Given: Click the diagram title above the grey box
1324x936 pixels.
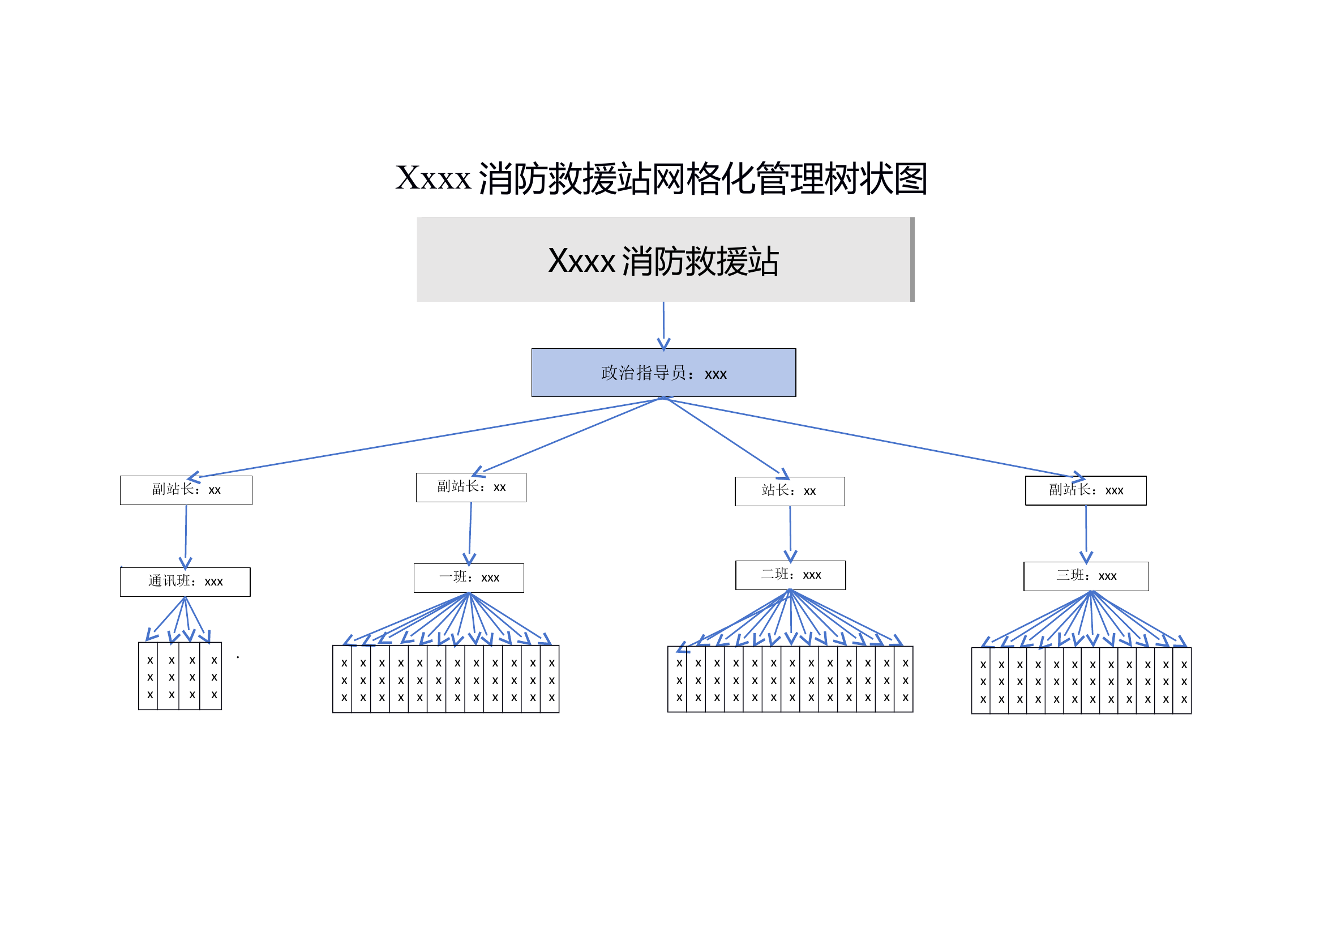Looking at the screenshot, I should (661, 178).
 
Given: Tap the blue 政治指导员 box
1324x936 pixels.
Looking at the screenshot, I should (663, 373).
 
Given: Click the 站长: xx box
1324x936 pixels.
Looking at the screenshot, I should (790, 491).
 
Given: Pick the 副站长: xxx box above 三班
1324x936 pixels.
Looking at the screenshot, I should (1085, 491).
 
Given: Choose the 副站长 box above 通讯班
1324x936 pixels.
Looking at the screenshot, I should (186, 490).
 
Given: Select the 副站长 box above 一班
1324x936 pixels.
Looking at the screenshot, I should (470, 488).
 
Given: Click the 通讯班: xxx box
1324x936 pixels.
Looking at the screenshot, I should (185, 582).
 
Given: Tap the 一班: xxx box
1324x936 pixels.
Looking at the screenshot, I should (468, 578).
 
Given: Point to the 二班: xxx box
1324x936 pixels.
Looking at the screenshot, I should (790, 575).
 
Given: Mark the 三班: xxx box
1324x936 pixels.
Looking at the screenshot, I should (1086, 576).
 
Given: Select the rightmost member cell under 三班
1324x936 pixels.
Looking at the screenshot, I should (1183, 681).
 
